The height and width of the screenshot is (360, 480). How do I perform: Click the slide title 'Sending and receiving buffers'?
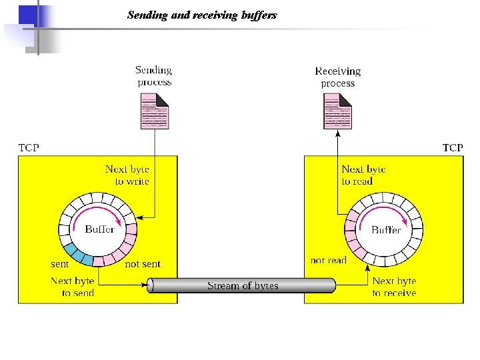202,15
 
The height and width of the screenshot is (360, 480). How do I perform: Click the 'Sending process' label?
154,76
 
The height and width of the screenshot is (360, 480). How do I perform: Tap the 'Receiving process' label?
338,77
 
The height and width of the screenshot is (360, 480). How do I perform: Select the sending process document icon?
155,111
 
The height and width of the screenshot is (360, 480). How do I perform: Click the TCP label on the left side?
29,147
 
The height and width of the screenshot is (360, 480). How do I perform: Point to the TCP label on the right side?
453,147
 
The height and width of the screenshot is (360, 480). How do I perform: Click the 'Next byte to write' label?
127,175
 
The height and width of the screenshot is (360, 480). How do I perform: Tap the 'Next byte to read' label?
363,175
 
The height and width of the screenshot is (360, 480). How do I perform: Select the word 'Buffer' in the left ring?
100,229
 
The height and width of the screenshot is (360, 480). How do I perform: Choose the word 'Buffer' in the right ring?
386,229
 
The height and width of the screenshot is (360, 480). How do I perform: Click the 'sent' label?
60,264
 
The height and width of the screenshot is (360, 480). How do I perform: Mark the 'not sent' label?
143,264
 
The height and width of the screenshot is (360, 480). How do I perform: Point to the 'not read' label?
329,260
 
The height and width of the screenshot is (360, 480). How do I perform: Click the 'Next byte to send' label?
73,287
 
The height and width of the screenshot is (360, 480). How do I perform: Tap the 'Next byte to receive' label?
394,287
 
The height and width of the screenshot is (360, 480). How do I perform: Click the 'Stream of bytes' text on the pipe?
243,286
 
